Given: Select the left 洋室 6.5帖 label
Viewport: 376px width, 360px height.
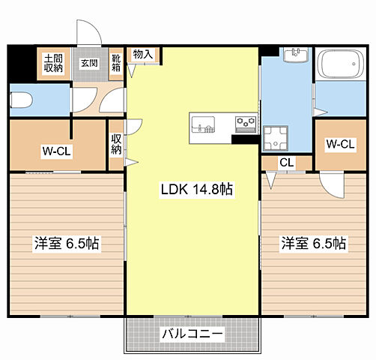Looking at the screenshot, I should (67, 244).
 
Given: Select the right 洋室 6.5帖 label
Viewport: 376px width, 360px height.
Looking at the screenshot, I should (314, 244).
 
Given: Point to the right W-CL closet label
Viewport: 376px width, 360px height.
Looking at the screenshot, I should (339, 144).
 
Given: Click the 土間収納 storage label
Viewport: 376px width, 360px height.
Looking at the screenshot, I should (52, 63).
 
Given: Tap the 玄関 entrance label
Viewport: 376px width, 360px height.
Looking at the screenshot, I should (89, 63).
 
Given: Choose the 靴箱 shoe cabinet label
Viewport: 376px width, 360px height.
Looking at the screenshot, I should (117, 63).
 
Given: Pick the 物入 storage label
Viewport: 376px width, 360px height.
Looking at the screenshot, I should (142, 54).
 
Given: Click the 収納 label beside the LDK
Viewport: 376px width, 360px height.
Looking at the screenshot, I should (117, 143).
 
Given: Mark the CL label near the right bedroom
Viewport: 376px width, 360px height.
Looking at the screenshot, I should (286, 163).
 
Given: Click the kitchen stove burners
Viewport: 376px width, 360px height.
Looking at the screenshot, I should (246, 121).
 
